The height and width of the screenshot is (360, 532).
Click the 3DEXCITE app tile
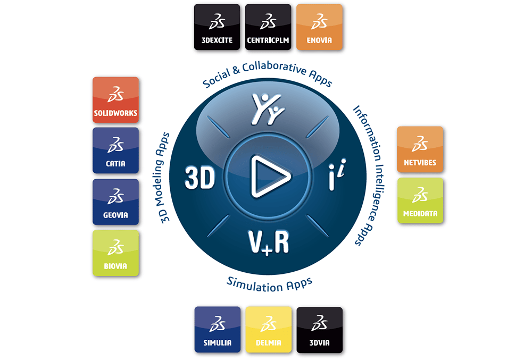point(217,27)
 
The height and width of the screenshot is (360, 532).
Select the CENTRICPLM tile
point(268,27)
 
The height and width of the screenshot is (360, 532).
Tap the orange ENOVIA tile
point(319,27)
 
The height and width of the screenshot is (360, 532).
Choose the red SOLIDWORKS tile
point(115,99)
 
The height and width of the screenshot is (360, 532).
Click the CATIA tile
point(115,150)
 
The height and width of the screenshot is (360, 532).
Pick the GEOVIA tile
point(115,202)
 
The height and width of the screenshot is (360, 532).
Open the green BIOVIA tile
point(115,253)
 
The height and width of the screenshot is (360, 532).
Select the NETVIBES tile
point(420,149)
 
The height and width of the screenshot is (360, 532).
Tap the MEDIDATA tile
point(420,200)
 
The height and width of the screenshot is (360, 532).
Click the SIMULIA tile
point(218,330)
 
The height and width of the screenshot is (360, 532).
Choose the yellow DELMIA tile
point(268,330)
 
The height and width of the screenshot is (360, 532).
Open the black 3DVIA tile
point(320,330)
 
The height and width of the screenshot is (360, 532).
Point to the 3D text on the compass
point(200,177)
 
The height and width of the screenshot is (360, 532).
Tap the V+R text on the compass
point(268,242)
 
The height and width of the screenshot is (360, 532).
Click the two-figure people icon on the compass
point(268,109)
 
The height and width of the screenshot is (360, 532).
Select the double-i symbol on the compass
point(337,174)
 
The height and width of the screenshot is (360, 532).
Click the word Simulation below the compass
point(255,284)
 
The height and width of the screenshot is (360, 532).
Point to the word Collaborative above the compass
point(274,68)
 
